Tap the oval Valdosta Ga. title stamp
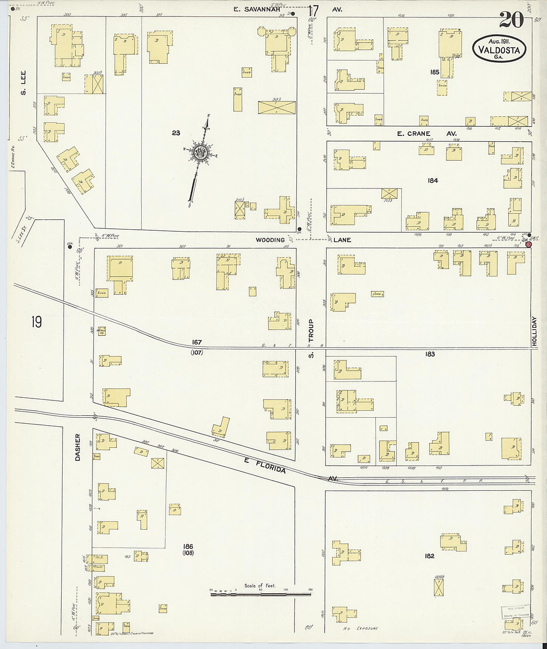point(499,49)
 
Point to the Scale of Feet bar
point(260,593)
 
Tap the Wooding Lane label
point(303,240)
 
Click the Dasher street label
point(78,447)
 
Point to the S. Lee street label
point(23,82)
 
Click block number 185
point(435,72)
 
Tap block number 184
point(433,181)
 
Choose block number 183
point(430,354)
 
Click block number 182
point(430,556)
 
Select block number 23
point(176,133)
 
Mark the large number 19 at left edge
point(36,322)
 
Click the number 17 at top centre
point(313,10)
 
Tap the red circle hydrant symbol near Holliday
point(528,244)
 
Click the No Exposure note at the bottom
point(361,629)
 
